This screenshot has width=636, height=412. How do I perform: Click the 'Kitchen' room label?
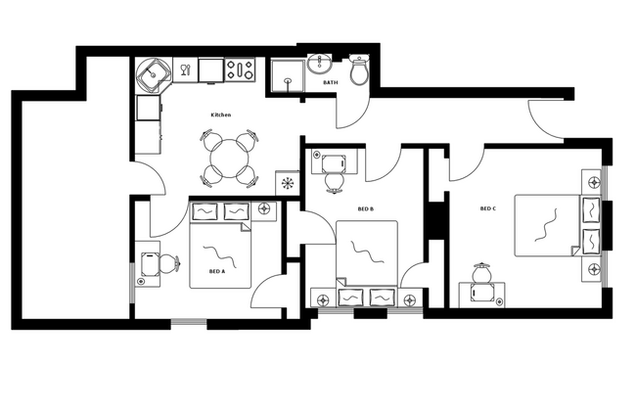221,115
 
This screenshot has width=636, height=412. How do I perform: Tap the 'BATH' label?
331,83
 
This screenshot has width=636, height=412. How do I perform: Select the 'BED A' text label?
216,271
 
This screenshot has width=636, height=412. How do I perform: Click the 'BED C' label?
487,208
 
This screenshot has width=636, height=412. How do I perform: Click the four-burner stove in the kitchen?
241,69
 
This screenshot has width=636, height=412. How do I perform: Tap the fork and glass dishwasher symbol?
185,69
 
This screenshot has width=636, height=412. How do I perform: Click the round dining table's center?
231,156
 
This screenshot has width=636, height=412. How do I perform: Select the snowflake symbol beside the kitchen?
288,182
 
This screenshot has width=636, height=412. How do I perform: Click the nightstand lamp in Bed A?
265,209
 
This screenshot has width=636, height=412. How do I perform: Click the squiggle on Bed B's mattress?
365,252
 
